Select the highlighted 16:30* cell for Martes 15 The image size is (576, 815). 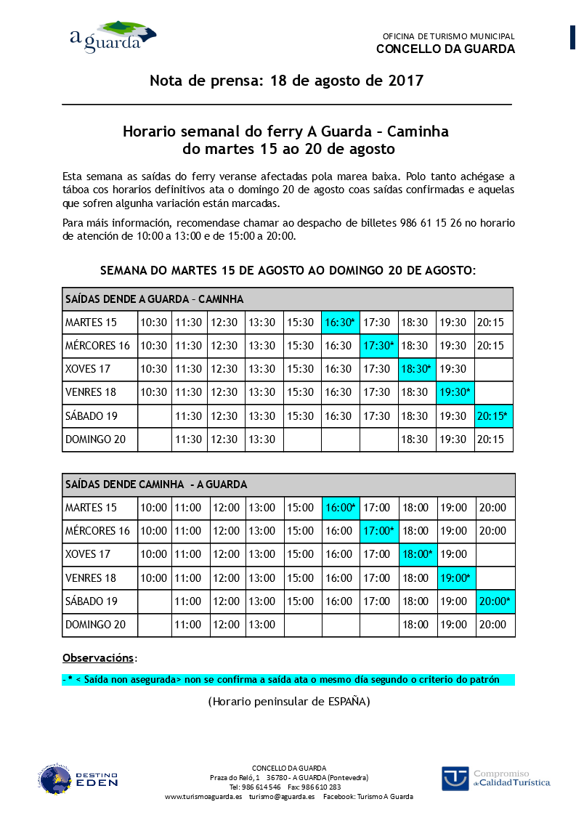[341, 323]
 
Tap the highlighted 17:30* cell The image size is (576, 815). [380, 346]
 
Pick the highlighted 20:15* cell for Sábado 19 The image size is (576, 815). [494, 416]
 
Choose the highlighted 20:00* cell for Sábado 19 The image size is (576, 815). [495, 601]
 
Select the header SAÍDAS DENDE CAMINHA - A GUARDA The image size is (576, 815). [156, 484]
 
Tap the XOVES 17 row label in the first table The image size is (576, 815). [88, 369]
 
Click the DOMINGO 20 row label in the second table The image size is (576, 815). [95, 625]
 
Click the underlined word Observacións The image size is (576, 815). [98, 658]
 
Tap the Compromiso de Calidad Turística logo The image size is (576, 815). [495, 778]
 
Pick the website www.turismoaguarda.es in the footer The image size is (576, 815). [203, 797]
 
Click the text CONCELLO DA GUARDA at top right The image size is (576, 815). [445, 49]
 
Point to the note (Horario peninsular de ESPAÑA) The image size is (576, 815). [289, 702]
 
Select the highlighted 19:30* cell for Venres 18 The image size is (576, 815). [455, 393]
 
